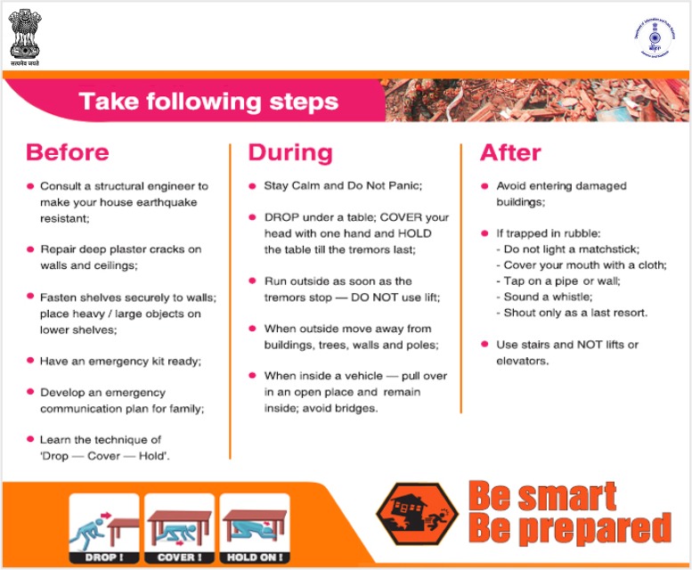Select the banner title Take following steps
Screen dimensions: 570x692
(208, 101)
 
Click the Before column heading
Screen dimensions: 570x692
(68, 151)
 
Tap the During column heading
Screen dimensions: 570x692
(290, 152)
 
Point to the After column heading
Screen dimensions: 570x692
(510, 152)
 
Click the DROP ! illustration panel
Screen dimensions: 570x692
(104, 527)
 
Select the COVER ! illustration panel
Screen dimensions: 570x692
(180, 527)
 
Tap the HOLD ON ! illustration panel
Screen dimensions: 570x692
(256, 527)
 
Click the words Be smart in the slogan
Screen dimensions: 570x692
(541, 496)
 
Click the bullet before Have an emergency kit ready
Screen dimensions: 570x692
(30, 361)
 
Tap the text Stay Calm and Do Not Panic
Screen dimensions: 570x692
(343, 186)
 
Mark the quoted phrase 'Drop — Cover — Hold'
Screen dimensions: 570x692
(105, 455)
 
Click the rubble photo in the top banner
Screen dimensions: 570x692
(534, 101)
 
